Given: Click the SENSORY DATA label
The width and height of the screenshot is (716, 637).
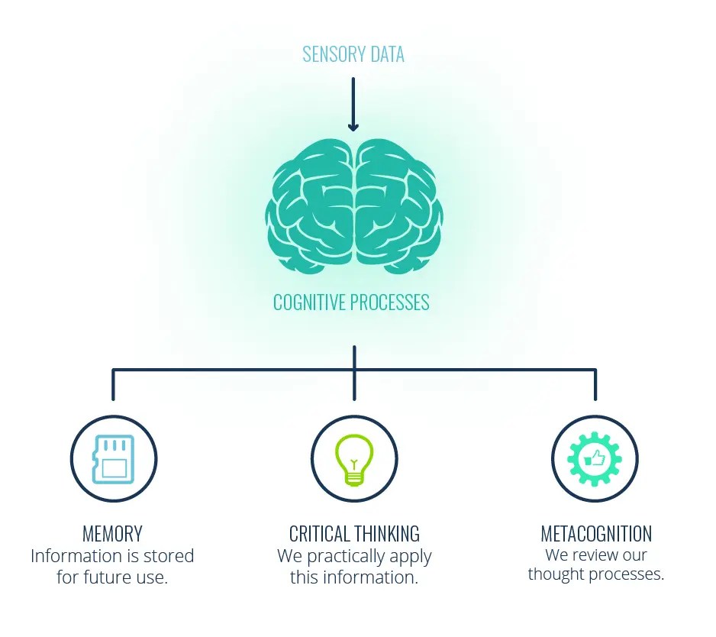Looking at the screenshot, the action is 353,55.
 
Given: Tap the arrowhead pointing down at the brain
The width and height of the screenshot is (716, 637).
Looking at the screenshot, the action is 353,125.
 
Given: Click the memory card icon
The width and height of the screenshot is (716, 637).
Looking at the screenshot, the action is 113,460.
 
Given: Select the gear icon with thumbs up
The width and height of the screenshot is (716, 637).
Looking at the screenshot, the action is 595,459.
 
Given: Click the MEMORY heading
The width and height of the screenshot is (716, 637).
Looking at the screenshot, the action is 112,533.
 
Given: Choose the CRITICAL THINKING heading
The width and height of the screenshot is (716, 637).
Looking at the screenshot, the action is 354,533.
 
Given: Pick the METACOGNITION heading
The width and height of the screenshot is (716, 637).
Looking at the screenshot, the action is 596,533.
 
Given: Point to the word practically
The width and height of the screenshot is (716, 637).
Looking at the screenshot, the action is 346,556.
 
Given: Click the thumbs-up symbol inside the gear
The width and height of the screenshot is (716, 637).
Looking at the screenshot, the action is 594,459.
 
